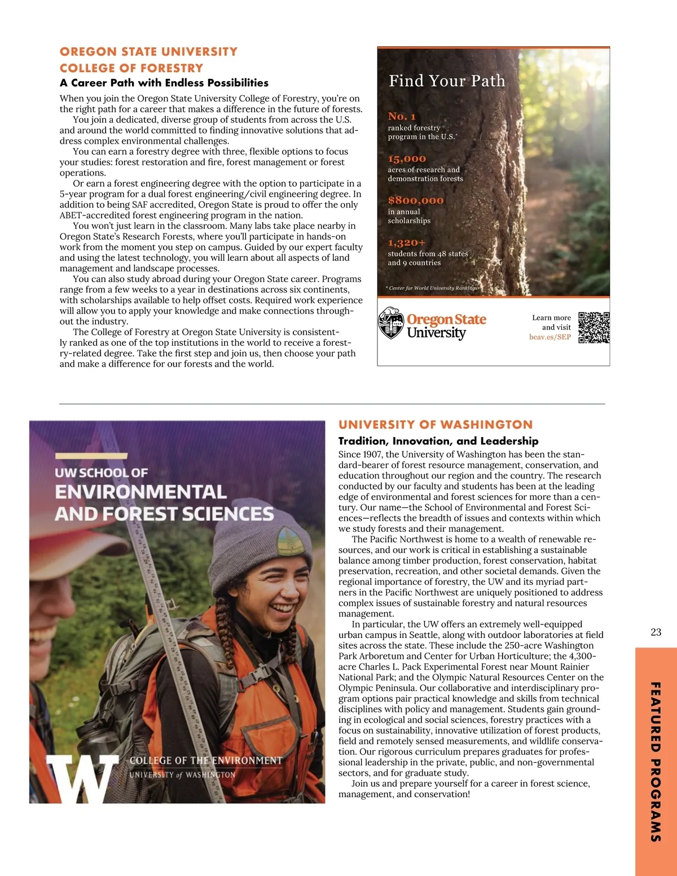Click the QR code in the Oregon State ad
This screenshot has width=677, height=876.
(x=594, y=327)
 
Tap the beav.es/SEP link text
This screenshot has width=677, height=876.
(x=549, y=337)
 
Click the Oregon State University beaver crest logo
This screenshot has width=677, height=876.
(x=390, y=323)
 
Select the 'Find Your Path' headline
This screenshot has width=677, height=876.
(x=447, y=81)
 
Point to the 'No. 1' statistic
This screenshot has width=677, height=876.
(x=402, y=116)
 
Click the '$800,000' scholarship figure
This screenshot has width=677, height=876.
(x=415, y=200)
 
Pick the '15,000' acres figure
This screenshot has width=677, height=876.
(x=407, y=159)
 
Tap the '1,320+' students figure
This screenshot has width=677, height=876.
(x=406, y=243)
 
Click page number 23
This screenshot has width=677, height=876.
(x=656, y=632)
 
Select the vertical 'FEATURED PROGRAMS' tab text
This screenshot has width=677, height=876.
(x=656, y=761)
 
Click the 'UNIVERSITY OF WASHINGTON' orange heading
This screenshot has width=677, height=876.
(x=435, y=425)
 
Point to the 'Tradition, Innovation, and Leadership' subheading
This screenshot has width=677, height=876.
(x=438, y=441)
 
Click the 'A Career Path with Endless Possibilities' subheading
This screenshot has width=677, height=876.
(x=164, y=83)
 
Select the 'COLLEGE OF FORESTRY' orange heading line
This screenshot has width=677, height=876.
(x=131, y=68)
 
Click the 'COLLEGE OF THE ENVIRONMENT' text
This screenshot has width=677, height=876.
(x=206, y=760)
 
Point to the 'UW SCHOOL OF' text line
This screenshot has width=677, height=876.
(x=102, y=473)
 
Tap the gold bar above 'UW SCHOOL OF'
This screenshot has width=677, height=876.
(x=91, y=456)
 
